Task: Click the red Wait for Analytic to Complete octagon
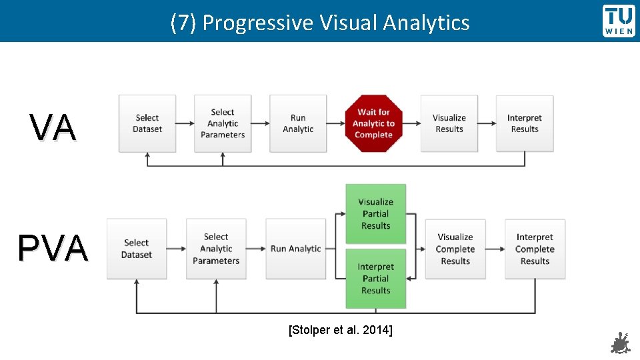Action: (x=373, y=123)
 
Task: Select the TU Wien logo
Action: (x=619, y=21)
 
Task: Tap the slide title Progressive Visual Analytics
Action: (x=320, y=23)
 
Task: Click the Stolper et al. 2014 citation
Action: (x=340, y=329)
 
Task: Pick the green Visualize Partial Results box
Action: (x=375, y=213)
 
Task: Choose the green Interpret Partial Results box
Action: (x=375, y=279)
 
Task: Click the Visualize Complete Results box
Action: (x=455, y=249)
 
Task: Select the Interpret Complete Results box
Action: (x=535, y=249)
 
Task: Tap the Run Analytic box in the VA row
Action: (x=298, y=123)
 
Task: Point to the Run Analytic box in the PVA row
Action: (x=295, y=249)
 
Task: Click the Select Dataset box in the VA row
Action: (x=147, y=123)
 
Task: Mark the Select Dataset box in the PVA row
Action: (x=137, y=249)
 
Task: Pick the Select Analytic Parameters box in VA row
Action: (x=223, y=123)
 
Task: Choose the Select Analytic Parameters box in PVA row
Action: (x=216, y=249)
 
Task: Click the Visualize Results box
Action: (x=449, y=123)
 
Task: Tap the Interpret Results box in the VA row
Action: (x=525, y=123)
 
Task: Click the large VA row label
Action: (x=53, y=128)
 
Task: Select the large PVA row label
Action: (x=53, y=249)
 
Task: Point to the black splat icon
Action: (x=620, y=343)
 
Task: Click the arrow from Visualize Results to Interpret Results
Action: (x=487, y=123)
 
